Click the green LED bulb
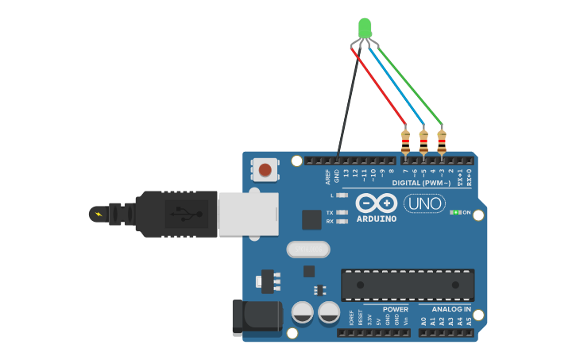tap(365, 28)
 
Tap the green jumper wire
tap(410, 83)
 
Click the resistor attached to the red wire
tap(405, 142)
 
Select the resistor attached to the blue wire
tap(423, 142)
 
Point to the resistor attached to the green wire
tap(442, 142)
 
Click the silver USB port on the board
tap(248, 214)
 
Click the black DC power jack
tap(257, 317)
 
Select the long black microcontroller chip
tap(408, 285)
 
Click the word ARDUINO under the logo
tap(377, 219)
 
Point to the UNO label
tap(424, 203)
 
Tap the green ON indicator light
tap(455, 212)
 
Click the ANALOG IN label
tap(450, 309)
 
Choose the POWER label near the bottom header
tap(395, 309)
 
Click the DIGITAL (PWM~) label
tap(421, 183)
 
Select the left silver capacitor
tap(303, 312)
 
